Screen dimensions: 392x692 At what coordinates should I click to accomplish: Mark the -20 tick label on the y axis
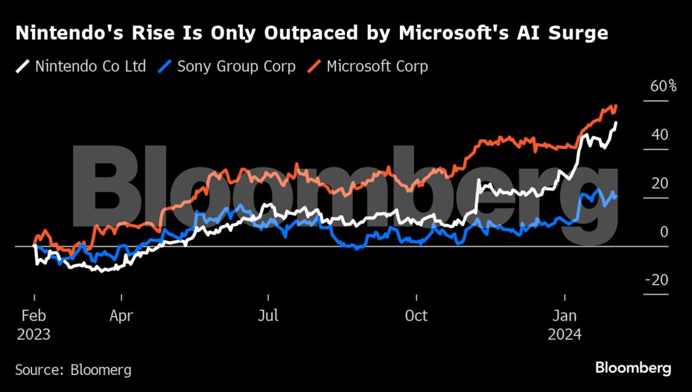click(x=656, y=280)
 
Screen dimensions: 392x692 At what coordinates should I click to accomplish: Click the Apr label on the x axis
click(x=122, y=316)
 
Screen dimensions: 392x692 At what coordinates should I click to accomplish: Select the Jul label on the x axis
click(x=268, y=316)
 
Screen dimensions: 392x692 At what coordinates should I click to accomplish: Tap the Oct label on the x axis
click(x=416, y=316)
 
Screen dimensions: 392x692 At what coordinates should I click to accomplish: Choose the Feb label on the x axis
click(x=33, y=316)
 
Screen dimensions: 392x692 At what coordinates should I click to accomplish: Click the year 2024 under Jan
click(x=565, y=334)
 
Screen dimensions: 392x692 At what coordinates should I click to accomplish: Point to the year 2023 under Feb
click(x=33, y=334)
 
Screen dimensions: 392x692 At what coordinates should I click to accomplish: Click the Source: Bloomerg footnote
click(x=73, y=370)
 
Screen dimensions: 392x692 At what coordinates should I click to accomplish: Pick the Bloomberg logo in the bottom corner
click(x=633, y=368)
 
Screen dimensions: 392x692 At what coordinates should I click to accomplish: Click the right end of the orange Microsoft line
click(x=616, y=106)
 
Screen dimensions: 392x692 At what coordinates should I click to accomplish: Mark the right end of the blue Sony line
click(x=616, y=197)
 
